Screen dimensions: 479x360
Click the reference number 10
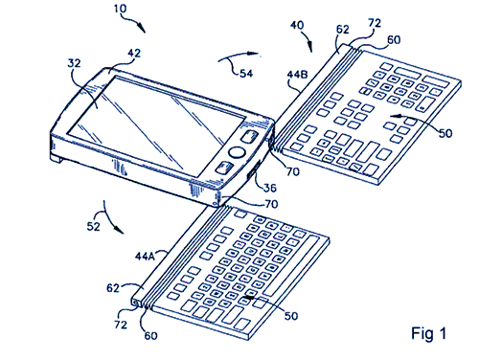121,9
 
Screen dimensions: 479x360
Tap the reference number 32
74,63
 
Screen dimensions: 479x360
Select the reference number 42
134,53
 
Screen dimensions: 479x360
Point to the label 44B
297,75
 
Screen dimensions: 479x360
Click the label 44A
145,256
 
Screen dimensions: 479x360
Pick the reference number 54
246,74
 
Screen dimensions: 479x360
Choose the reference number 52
93,227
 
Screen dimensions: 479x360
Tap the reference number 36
270,188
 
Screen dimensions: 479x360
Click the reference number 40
297,25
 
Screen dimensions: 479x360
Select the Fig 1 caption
428,333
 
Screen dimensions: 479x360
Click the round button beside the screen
237,152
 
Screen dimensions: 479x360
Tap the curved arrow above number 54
237,55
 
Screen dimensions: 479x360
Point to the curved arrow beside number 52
109,218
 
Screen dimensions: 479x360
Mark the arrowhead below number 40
309,47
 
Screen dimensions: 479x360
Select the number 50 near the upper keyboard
445,133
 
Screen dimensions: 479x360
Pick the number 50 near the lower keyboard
291,316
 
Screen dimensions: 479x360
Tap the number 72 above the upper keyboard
375,23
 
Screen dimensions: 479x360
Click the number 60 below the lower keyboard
150,336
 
